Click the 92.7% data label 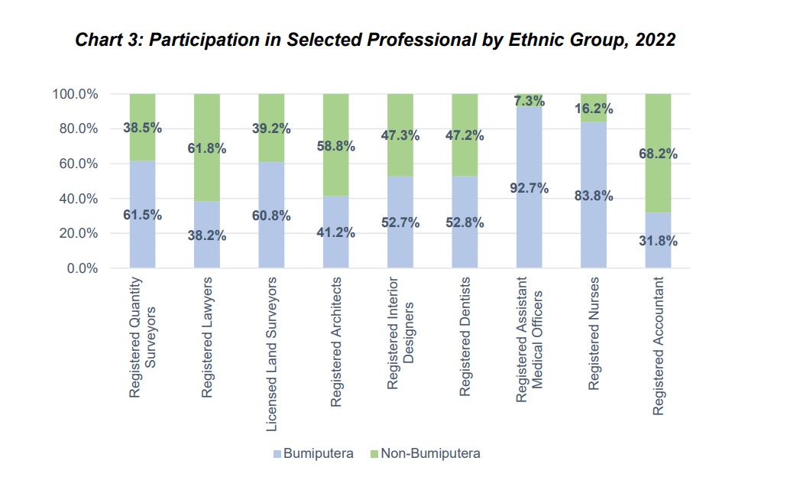pyautogui.click(x=530, y=187)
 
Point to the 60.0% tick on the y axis pyautogui.click(x=75, y=164)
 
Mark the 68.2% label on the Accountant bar pyautogui.click(x=658, y=154)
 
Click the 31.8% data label pyautogui.click(x=658, y=241)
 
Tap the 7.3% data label pyautogui.click(x=530, y=101)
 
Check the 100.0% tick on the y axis pyautogui.click(x=73, y=94)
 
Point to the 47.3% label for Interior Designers pyautogui.click(x=400, y=136)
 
